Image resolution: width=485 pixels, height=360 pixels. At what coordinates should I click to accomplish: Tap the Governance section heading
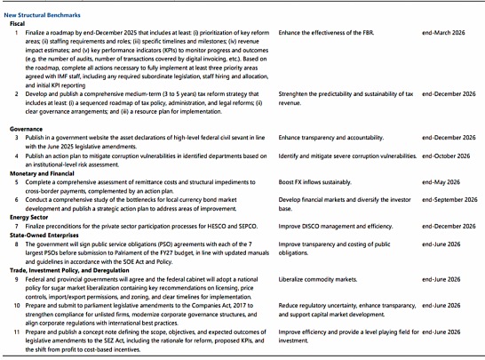(x=28, y=128)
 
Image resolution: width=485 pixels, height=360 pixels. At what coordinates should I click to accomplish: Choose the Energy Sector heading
(x=31, y=215)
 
